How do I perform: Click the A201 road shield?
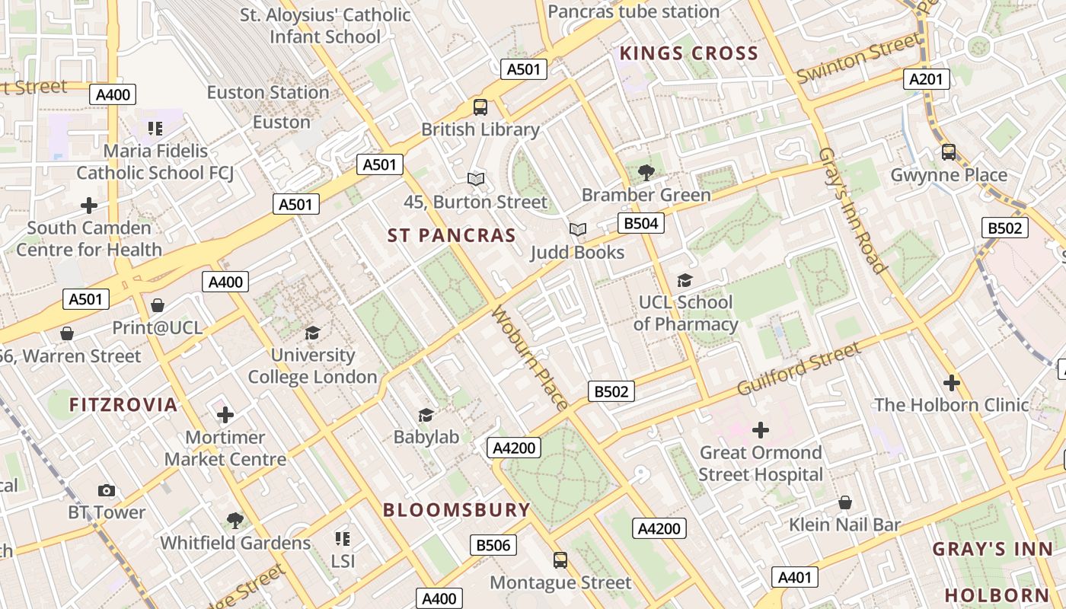tap(927, 78)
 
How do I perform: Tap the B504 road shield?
tap(640, 223)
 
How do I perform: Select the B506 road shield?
tap(493, 545)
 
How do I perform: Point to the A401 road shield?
tap(795, 578)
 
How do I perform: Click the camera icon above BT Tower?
tap(107, 490)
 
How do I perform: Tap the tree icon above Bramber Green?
tap(646, 172)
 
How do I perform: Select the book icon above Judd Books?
tap(578, 229)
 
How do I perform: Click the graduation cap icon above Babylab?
tap(426, 415)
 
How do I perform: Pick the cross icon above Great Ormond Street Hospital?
tap(760, 430)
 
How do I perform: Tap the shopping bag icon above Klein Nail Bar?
tap(844, 502)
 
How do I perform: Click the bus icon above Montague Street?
tap(560, 560)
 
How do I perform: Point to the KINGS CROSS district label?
tap(688, 53)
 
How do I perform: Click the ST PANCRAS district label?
tap(452, 235)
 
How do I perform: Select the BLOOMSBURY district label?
tap(456, 510)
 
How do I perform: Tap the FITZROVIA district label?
tap(123, 404)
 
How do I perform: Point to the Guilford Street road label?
tap(799, 369)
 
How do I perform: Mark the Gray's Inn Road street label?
tap(852, 210)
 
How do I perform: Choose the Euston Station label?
tap(268, 92)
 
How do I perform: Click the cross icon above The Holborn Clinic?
tap(951, 382)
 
